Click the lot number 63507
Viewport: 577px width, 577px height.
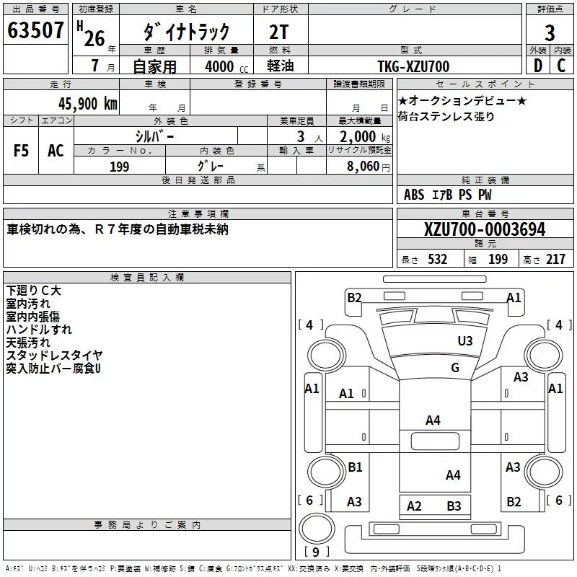(35, 30)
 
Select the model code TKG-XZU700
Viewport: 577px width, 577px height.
(413, 66)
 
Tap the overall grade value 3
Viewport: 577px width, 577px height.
(550, 32)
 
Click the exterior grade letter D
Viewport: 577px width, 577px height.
(538, 66)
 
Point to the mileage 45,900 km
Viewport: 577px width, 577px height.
(87, 103)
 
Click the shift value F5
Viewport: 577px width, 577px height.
(21, 151)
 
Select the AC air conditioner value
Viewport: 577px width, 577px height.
(56, 151)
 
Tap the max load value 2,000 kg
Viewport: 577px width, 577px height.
(365, 137)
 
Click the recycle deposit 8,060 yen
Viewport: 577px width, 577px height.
(368, 167)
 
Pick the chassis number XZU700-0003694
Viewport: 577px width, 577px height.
(485, 229)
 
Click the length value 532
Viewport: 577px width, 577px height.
(437, 260)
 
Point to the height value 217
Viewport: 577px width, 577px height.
(555, 260)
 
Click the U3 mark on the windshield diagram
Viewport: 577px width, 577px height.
(465, 340)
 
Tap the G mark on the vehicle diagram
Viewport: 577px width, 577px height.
(455, 367)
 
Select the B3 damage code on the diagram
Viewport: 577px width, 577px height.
(454, 506)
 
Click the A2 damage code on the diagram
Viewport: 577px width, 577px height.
(414, 506)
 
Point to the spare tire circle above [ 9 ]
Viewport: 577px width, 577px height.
(317, 529)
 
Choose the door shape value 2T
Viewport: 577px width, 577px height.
(278, 32)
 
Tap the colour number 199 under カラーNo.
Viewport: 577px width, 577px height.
(119, 167)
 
